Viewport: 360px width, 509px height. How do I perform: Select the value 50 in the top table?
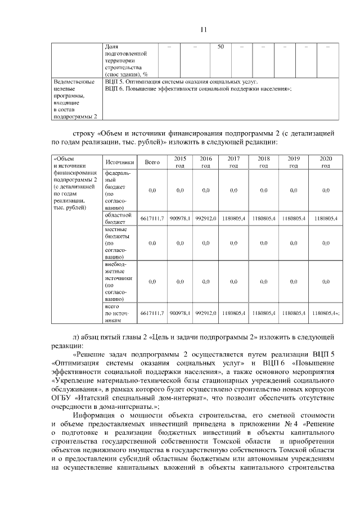click(221, 46)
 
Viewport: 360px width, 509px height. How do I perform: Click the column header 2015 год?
click(180, 162)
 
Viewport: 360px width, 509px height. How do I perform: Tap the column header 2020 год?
click(326, 162)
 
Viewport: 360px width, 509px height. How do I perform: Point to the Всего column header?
click(152, 162)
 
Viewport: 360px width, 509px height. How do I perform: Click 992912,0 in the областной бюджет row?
click(206, 218)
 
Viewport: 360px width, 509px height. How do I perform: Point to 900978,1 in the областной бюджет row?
click(180, 218)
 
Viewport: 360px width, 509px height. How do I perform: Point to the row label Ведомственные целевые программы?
click(74, 99)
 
